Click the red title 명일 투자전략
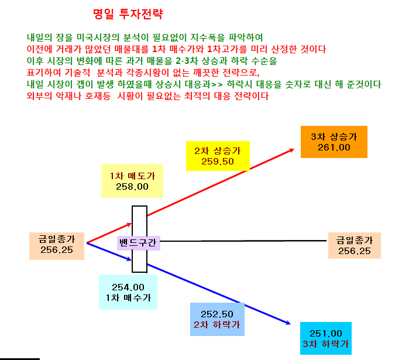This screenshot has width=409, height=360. [x=128, y=14]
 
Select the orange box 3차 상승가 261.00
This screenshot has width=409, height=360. [x=334, y=142]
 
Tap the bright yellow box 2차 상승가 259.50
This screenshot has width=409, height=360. [x=218, y=156]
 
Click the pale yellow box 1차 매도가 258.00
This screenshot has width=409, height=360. [x=132, y=181]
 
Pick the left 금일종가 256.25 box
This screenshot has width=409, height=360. [x=57, y=246]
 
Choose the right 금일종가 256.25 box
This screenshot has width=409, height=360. [x=355, y=245]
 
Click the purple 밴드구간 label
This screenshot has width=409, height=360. [x=138, y=243]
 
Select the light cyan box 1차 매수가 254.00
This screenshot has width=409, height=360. [x=128, y=292]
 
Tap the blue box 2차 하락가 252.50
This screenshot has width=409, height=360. [x=217, y=319]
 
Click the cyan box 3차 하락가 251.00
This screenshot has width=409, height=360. [x=326, y=338]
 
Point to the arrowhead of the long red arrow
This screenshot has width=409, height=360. [x=294, y=149]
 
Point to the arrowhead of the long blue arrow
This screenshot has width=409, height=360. [x=290, y=324]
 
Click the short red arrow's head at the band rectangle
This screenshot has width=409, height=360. [x=131, y=224]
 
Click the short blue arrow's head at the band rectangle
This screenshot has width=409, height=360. [x=131, y=260]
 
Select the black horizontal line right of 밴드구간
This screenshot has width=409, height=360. [x=243, y=241]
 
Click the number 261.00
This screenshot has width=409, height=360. [x=334, y=148]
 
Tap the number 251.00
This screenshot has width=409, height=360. [x=326, y=334]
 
